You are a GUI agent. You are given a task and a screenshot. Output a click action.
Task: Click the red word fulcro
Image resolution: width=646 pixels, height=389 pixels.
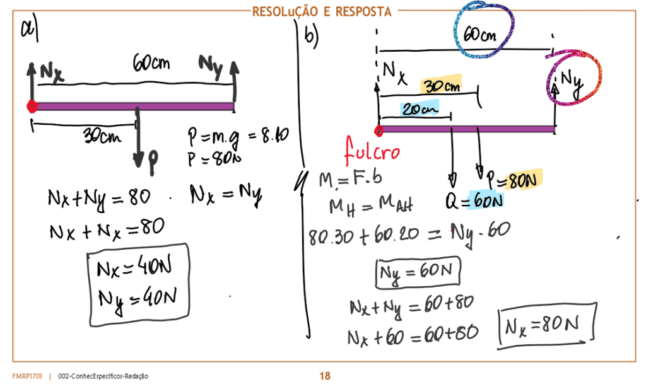(373, 151)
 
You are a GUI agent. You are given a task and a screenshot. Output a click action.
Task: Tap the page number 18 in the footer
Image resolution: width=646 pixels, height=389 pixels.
(324, 376)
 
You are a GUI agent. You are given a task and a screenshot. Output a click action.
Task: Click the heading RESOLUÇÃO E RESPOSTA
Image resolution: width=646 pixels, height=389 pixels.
(322, 11)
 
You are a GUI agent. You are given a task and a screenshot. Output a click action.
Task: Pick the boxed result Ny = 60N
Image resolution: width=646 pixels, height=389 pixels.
(418, 273)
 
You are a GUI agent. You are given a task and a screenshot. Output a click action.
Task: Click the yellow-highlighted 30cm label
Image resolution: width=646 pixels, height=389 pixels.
(441, 86)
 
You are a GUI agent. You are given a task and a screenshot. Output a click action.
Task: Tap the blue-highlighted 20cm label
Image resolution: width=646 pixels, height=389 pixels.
(419, 109)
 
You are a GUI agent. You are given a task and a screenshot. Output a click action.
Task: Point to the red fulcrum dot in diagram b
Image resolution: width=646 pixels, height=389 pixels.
(379, 131)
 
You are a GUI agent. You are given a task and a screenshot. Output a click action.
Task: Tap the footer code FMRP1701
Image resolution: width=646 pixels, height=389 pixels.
(26, 376)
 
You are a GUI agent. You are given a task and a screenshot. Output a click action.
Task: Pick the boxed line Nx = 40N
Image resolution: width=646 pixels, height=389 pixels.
(134, 269)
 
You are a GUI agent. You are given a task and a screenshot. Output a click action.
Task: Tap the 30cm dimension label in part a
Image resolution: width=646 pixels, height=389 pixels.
(103, 136)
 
